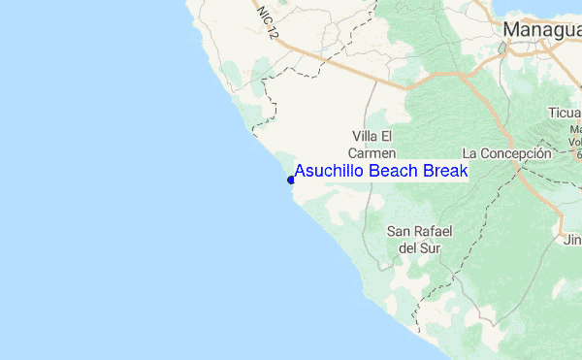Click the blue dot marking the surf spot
tap(291, 180)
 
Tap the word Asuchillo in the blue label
tap(329, 172)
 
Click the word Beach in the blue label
tap(389, 172)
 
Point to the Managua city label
tap(541, 31)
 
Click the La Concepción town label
tap(506, 153)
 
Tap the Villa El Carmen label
tap(372, 144)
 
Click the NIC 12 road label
tap(268, 20)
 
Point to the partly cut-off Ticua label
tap(564, 111)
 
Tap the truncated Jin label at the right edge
tap(572, 240)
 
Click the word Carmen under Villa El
tap(372, 153)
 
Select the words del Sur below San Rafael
tap(421, 248)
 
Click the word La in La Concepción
tap(470, 153)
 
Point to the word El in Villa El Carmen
tap(385, 135)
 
